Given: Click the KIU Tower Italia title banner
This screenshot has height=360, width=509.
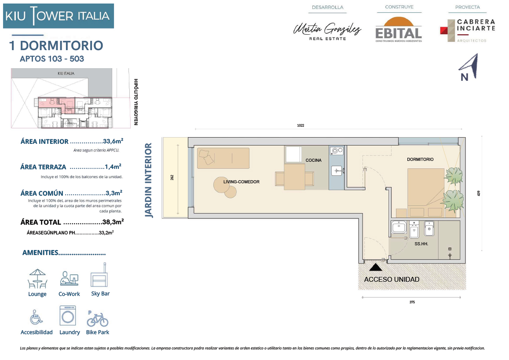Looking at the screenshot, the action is pyautogui.click(x=59, y=16).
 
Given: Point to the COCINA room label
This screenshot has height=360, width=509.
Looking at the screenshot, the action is pyautogui.click(x=313, y=160).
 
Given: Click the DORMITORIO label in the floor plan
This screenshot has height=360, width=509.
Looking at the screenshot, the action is pyautogui.click(x=420, y=159).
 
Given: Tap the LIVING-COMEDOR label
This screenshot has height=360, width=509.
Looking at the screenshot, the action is pyautogui.click(x=241, y=182).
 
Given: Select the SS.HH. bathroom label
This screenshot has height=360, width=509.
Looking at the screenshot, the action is pyautogui.click(x=421, y=244).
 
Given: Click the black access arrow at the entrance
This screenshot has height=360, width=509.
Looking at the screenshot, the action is pyautogui.click(x=376, y=267).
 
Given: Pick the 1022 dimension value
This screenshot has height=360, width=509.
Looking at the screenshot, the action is pyautogui.click(x=300, y=126).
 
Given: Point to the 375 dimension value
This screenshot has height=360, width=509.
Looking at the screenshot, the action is pyautogui.click(x=412, y=302).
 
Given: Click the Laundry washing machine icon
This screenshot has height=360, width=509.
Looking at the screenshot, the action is pyautogui.click(x=68, y=316).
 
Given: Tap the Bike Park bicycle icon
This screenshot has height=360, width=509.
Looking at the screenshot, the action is pyautogui.click(x=97, y=319).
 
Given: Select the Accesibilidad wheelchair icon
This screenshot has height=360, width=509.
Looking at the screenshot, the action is pyautogui.click(x=36, y=317).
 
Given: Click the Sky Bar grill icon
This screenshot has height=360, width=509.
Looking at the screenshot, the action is pyautogui.click(x=99, y=275).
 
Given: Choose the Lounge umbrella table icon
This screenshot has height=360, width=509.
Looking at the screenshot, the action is pyautogui.click(x=37, y=279).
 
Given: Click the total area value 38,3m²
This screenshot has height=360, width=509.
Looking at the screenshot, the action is pyautogui.click(x=113, y=222).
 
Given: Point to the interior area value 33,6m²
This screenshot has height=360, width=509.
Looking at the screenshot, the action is pyautogui.click(x=113, y=141).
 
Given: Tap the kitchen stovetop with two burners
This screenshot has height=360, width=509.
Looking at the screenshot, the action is pyautogui.click(x=337, y=150).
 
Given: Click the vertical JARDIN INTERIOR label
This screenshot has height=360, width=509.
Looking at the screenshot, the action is pyautogui.click(x=148, y=180).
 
